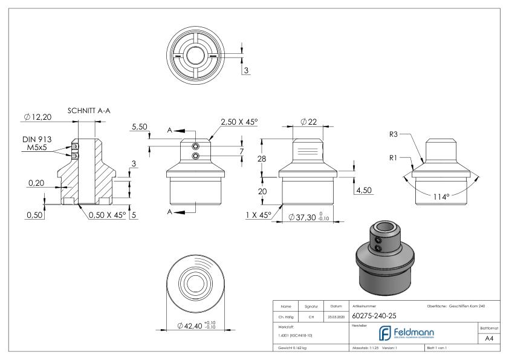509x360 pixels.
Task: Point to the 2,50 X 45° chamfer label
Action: [238, 122]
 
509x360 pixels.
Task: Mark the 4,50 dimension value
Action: [365, 190]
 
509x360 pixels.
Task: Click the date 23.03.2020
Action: [336, 316]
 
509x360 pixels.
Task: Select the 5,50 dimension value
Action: [139, 127]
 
